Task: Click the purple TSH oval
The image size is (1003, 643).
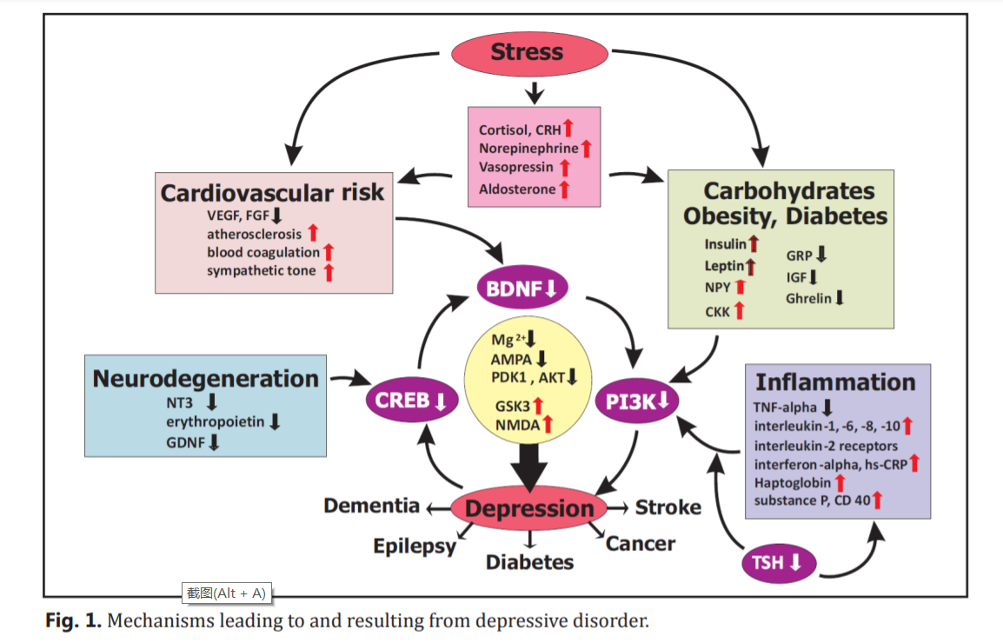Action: (780, 563)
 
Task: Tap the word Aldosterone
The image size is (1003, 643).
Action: (516, 189)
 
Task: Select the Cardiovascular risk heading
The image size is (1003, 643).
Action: (272, 192)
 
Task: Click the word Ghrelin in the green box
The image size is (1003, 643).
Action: (808, 298)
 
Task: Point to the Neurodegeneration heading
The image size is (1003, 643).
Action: (205, 379)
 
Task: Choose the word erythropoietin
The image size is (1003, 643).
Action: (216, 421)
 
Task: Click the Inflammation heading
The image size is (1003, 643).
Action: (834, 382)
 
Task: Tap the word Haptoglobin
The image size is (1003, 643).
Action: (792, 481)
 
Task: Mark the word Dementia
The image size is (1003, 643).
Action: (371, 505)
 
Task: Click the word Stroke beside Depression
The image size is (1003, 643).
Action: (668, 507)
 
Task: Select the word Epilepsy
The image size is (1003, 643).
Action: (415, 546)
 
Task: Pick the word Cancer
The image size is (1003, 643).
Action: (640, 544)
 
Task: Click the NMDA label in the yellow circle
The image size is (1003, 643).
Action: (518, 424)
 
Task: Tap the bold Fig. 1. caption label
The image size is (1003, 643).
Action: (74, 620)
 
